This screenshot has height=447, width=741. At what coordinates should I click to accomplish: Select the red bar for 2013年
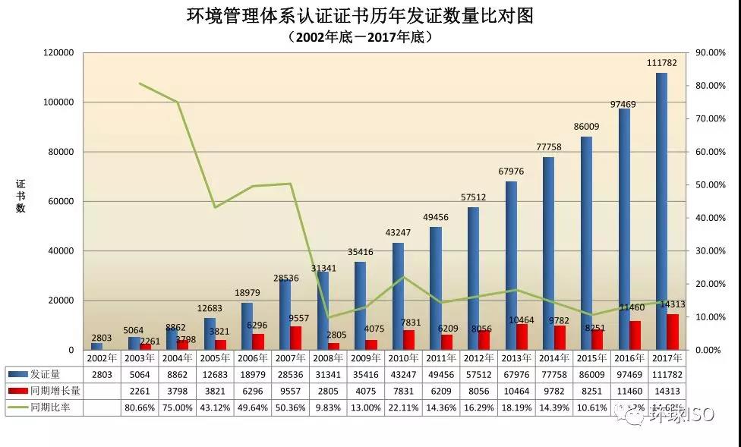pyautogui.click(x=522, y=336)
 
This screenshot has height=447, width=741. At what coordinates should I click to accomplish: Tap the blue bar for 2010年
pyautogui.click(x=398, y=296)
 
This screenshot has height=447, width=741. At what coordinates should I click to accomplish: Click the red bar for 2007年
pyautogui.click(x=295, y=338)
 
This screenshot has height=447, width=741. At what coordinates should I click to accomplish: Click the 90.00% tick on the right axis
pyautogui.click(x=711, y=52)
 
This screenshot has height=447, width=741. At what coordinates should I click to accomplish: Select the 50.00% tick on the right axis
pyautogui.click(x=711, y=184)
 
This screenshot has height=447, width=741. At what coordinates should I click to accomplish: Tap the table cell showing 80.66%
pyautogui.click(x=139, y=408)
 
